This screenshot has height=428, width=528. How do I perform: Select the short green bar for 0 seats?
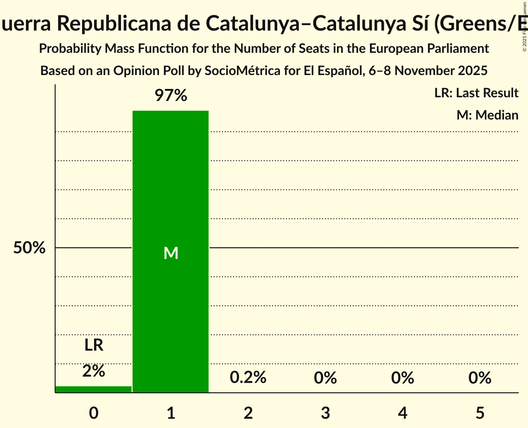point(94,389)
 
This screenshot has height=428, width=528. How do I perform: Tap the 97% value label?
point(171,96)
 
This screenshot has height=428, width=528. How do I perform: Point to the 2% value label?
point(94,371)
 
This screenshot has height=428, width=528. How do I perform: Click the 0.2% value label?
point(248,378)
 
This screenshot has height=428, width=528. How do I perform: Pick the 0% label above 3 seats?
point(325,378)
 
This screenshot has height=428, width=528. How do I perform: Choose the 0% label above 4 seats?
point(402,378)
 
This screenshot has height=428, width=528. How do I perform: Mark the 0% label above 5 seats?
point(479,378)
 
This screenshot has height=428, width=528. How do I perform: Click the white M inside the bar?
point(171,253)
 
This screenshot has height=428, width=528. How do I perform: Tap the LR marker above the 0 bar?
point(94,345)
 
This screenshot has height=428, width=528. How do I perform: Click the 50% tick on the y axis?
point(29,248)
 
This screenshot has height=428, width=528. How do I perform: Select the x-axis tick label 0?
point(94,413)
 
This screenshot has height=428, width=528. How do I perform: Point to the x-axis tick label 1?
point(171,413)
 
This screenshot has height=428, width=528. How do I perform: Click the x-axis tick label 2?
point(248,413)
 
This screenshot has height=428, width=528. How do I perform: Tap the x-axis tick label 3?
point(325,413)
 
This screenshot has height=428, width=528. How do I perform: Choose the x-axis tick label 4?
point(402,413)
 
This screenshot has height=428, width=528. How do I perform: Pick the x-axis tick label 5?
point(479,413)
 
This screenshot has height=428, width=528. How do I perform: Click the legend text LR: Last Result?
point(476,93)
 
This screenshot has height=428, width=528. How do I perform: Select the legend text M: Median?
point(487,115)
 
